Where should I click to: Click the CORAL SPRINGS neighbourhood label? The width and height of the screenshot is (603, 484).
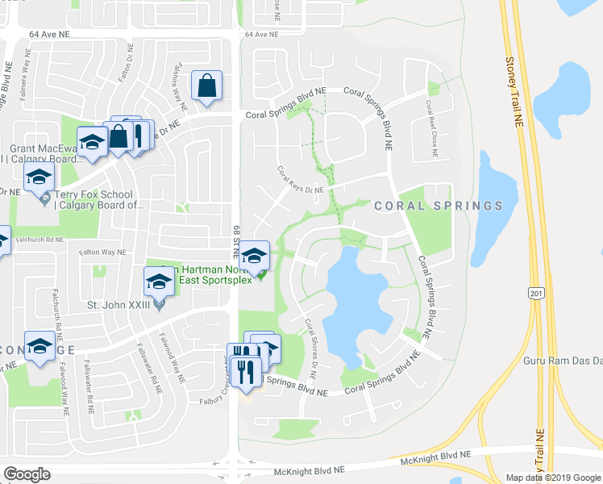tap(438, 206)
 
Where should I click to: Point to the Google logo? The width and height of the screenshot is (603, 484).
tap(27, 474)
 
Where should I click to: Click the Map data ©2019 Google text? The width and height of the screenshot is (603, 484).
tap(552, 478)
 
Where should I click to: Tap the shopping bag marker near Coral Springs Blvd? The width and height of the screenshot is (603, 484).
tap(207, 87)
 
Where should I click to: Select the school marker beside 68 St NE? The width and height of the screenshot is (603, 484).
tap(256, 256)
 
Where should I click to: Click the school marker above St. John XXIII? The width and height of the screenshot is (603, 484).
tap(159, 282)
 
